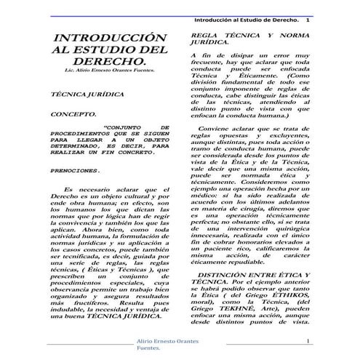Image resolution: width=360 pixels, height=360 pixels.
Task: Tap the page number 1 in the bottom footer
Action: point(308,342)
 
